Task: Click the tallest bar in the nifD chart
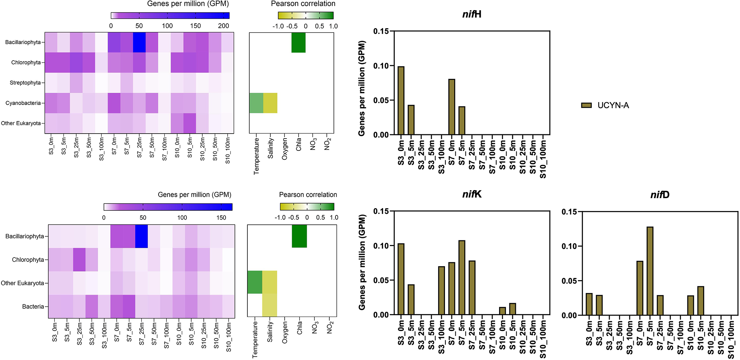(650, 271)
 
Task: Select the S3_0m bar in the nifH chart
(401, 101)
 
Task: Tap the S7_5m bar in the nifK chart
(462, 278)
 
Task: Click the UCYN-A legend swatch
(586, 105)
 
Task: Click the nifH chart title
(471, 15)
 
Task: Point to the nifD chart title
(660, 195)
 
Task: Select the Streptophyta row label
(25, 83)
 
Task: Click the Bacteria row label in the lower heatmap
(33, 307)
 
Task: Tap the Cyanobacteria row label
(23, 103)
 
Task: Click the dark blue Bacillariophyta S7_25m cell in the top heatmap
(139, 42)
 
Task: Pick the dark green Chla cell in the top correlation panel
(298, 42)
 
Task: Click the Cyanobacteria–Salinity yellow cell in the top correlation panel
(270, 103)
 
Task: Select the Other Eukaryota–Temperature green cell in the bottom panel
(255, 283)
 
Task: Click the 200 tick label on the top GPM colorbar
(224, 26)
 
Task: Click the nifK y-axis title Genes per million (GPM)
(362, 262)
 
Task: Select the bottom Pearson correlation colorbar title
(308, 195)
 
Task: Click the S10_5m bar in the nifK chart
(513, 309)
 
